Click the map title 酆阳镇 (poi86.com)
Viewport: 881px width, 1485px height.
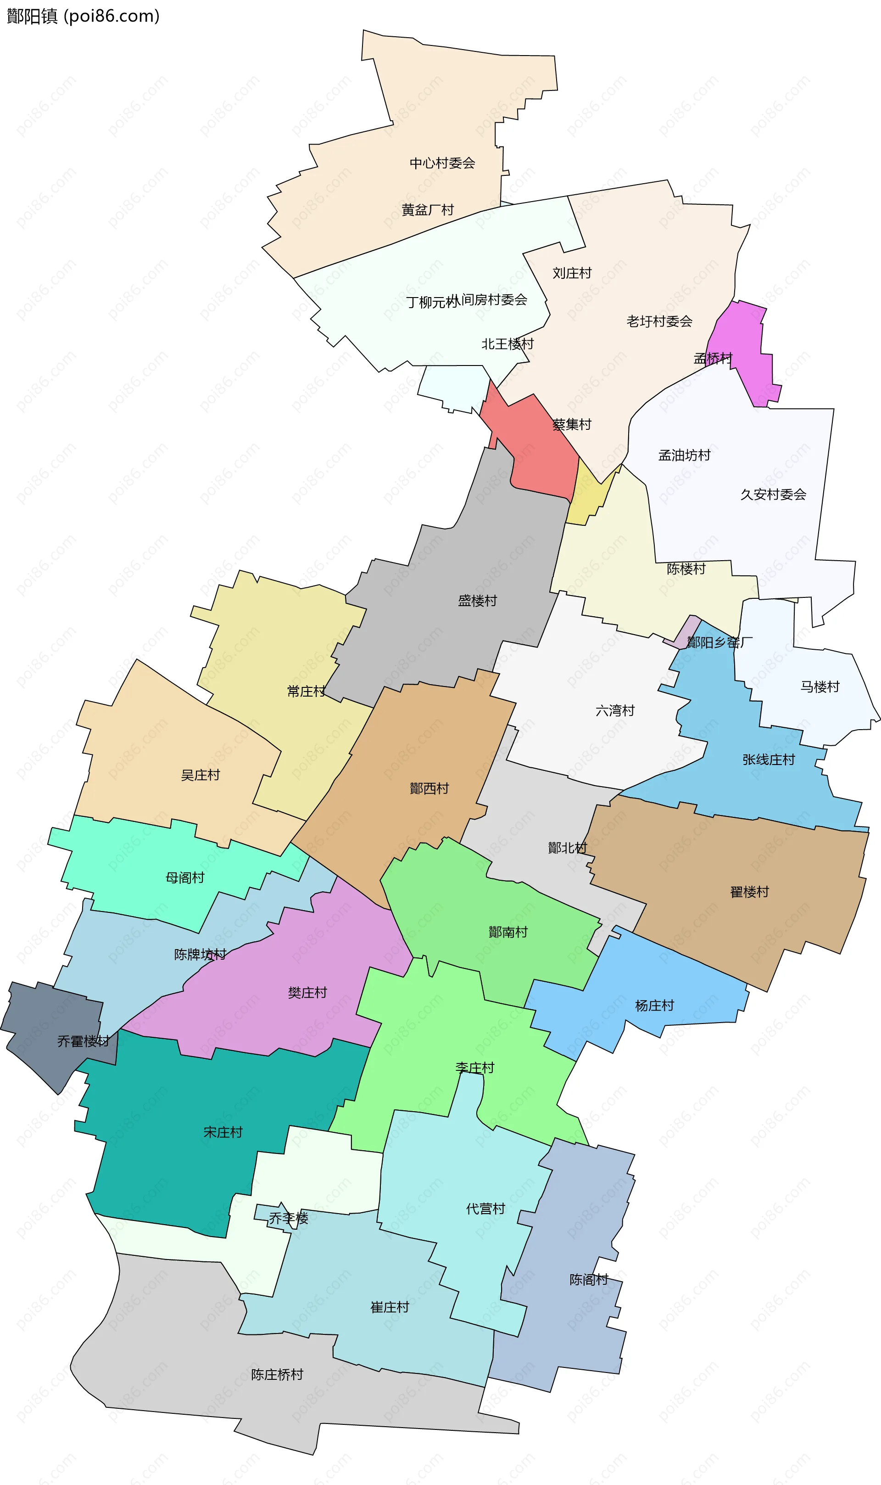tap(83, 16)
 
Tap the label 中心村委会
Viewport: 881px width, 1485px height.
tap(442, 163)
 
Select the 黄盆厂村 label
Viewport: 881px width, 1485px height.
tap(428, 210)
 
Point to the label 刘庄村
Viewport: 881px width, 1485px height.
tap(572, 273)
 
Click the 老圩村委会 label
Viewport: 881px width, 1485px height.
tap(659, 321)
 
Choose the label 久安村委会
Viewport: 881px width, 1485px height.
tap(773, 494)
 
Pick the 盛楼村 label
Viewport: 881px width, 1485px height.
tap(477, 601)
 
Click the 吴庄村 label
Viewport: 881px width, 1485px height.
tap(200, 775)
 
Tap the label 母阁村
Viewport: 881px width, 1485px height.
tap(184, 878)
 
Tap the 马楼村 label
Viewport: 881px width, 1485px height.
tap(820, 686)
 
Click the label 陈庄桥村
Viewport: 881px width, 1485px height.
tap(277, 1374)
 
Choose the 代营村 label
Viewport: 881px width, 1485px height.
tap(485, 1209)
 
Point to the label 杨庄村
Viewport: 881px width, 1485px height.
tap(654, 1006)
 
